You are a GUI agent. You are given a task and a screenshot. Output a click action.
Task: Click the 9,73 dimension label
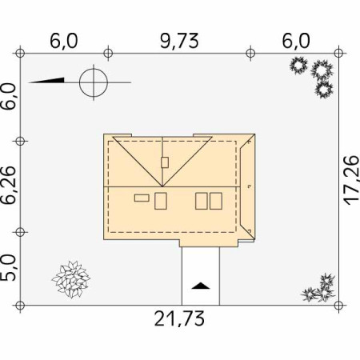pos(179,41)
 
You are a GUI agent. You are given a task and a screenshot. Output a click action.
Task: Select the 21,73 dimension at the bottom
pos(179,318)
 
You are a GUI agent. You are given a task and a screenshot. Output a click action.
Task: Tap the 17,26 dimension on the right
pos(351,180)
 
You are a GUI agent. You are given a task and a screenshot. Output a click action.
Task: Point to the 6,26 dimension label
pos(8,185)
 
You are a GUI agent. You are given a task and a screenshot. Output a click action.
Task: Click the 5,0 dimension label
pos(8,267)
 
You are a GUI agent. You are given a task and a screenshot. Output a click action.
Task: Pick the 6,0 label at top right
pos(296,41)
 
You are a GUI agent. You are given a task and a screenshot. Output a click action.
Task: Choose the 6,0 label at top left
pos(64,41)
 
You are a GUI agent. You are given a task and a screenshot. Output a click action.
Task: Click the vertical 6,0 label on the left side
pos(8,96)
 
